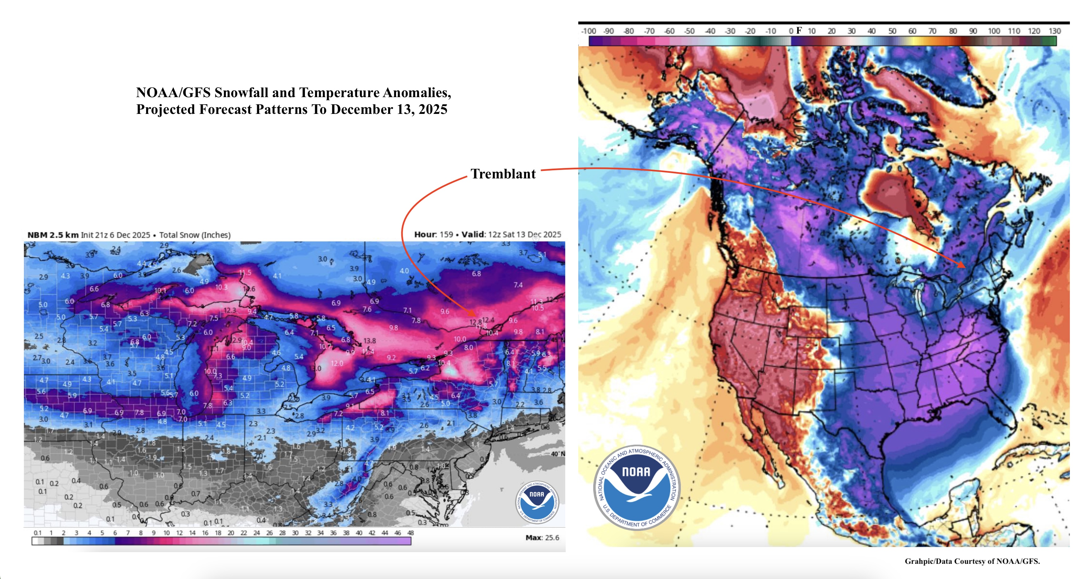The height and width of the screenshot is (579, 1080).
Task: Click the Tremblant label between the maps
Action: point(503,174)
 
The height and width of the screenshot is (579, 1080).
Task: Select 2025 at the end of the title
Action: point(433,109)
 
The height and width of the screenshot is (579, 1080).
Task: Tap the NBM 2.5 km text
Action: point(53,235)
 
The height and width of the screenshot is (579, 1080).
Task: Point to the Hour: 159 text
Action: point(433,234)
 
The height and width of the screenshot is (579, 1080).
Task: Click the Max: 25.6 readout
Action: point(542,538)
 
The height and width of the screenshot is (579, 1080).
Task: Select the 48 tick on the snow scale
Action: point(410,533)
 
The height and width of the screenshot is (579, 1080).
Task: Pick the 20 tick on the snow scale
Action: point(231,533)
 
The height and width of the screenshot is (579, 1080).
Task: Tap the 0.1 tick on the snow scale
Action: point(37,533)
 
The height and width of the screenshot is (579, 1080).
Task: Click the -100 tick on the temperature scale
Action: point(589,31)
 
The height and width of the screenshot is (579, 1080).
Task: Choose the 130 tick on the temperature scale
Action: point(1055,31)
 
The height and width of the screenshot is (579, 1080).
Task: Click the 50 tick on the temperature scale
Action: point(892,31)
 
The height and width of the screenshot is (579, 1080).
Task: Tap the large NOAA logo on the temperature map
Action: point(636,488)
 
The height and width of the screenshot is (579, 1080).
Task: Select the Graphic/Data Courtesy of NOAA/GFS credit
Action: point(972,561)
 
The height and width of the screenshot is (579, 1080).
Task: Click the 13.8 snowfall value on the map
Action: point(369,341)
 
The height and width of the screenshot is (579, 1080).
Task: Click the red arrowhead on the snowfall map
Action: point(473,314)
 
